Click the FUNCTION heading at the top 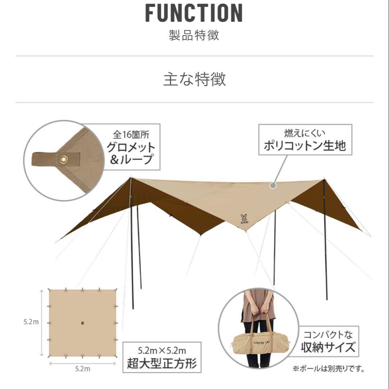tap(194, 14)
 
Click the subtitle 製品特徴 tap(194, 36)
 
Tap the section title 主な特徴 tap(194, 79)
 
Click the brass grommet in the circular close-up tap(64, 159)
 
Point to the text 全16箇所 tap(131, 135)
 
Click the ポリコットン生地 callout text tap(305, 146)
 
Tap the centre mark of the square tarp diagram tap(82, 323)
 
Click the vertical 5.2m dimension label tap(31, 322)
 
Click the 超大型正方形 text tap(162, 363)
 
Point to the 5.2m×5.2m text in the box tap(162, 350)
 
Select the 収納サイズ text tap(328, 348)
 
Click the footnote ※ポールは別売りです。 tap(328, 369)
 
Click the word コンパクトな tap(328, 335)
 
